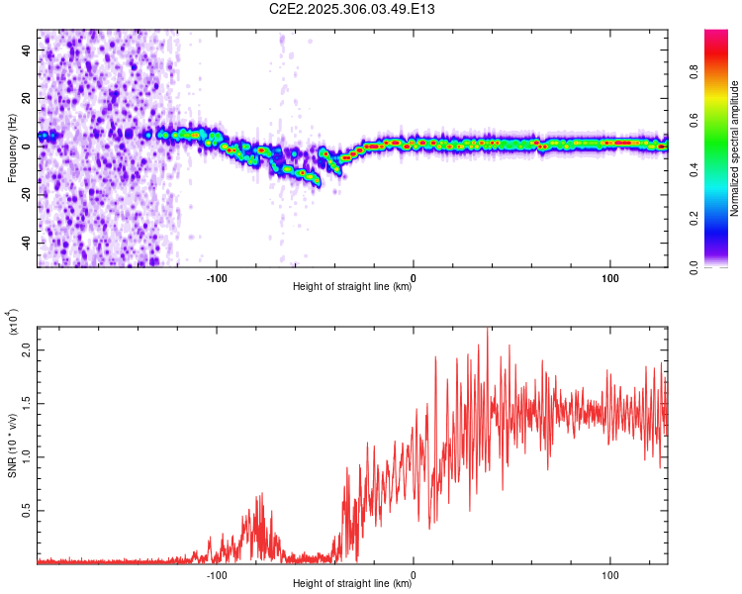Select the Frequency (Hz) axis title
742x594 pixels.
coord(12,149)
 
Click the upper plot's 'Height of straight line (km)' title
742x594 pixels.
coord(352,287)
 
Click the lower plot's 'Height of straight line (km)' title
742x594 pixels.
coord(352,584)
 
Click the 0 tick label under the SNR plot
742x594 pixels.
coord(414,573)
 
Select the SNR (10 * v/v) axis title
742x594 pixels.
coord(12,445)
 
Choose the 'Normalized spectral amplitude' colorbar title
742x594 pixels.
coord(736,148)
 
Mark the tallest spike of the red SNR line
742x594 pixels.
coord(487,329)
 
